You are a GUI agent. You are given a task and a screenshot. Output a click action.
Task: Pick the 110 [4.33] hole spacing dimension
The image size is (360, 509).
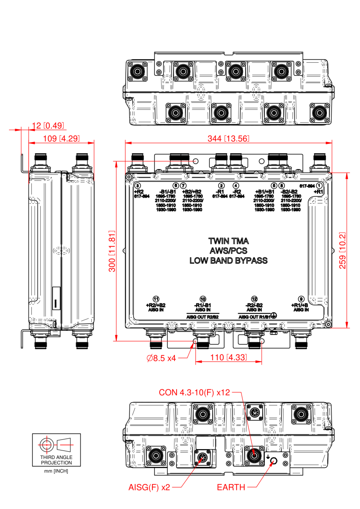(x=228, y=358)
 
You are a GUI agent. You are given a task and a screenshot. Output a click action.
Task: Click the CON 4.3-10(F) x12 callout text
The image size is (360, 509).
(x=194, y=392)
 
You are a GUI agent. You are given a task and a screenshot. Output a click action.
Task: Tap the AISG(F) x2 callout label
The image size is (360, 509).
(x=149, y=487)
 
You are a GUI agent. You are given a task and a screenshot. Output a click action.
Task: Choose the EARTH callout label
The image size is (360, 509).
(x=231, y=487)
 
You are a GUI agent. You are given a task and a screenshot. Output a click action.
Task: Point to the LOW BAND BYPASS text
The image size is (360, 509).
(x=228, y=260)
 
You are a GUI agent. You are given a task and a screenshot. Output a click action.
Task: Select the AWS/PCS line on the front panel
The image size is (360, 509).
(x=228, y=251)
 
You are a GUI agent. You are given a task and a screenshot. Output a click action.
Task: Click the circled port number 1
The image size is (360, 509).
(x=319, y=186)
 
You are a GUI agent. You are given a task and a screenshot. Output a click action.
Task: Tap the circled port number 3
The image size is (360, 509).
(x=137, y=186)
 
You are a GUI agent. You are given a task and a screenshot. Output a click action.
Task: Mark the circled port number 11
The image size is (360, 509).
(x=156, y=299)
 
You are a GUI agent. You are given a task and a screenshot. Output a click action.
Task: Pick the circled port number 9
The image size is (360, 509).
(x=301, y=299)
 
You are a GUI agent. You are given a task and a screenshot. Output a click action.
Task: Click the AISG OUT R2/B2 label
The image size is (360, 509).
(x=202, y=316)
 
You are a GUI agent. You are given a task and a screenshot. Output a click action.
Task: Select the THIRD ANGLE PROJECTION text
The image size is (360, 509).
(x=56, y=460)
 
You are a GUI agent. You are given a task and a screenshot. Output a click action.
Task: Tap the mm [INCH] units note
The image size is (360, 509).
(x=56, y=471)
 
